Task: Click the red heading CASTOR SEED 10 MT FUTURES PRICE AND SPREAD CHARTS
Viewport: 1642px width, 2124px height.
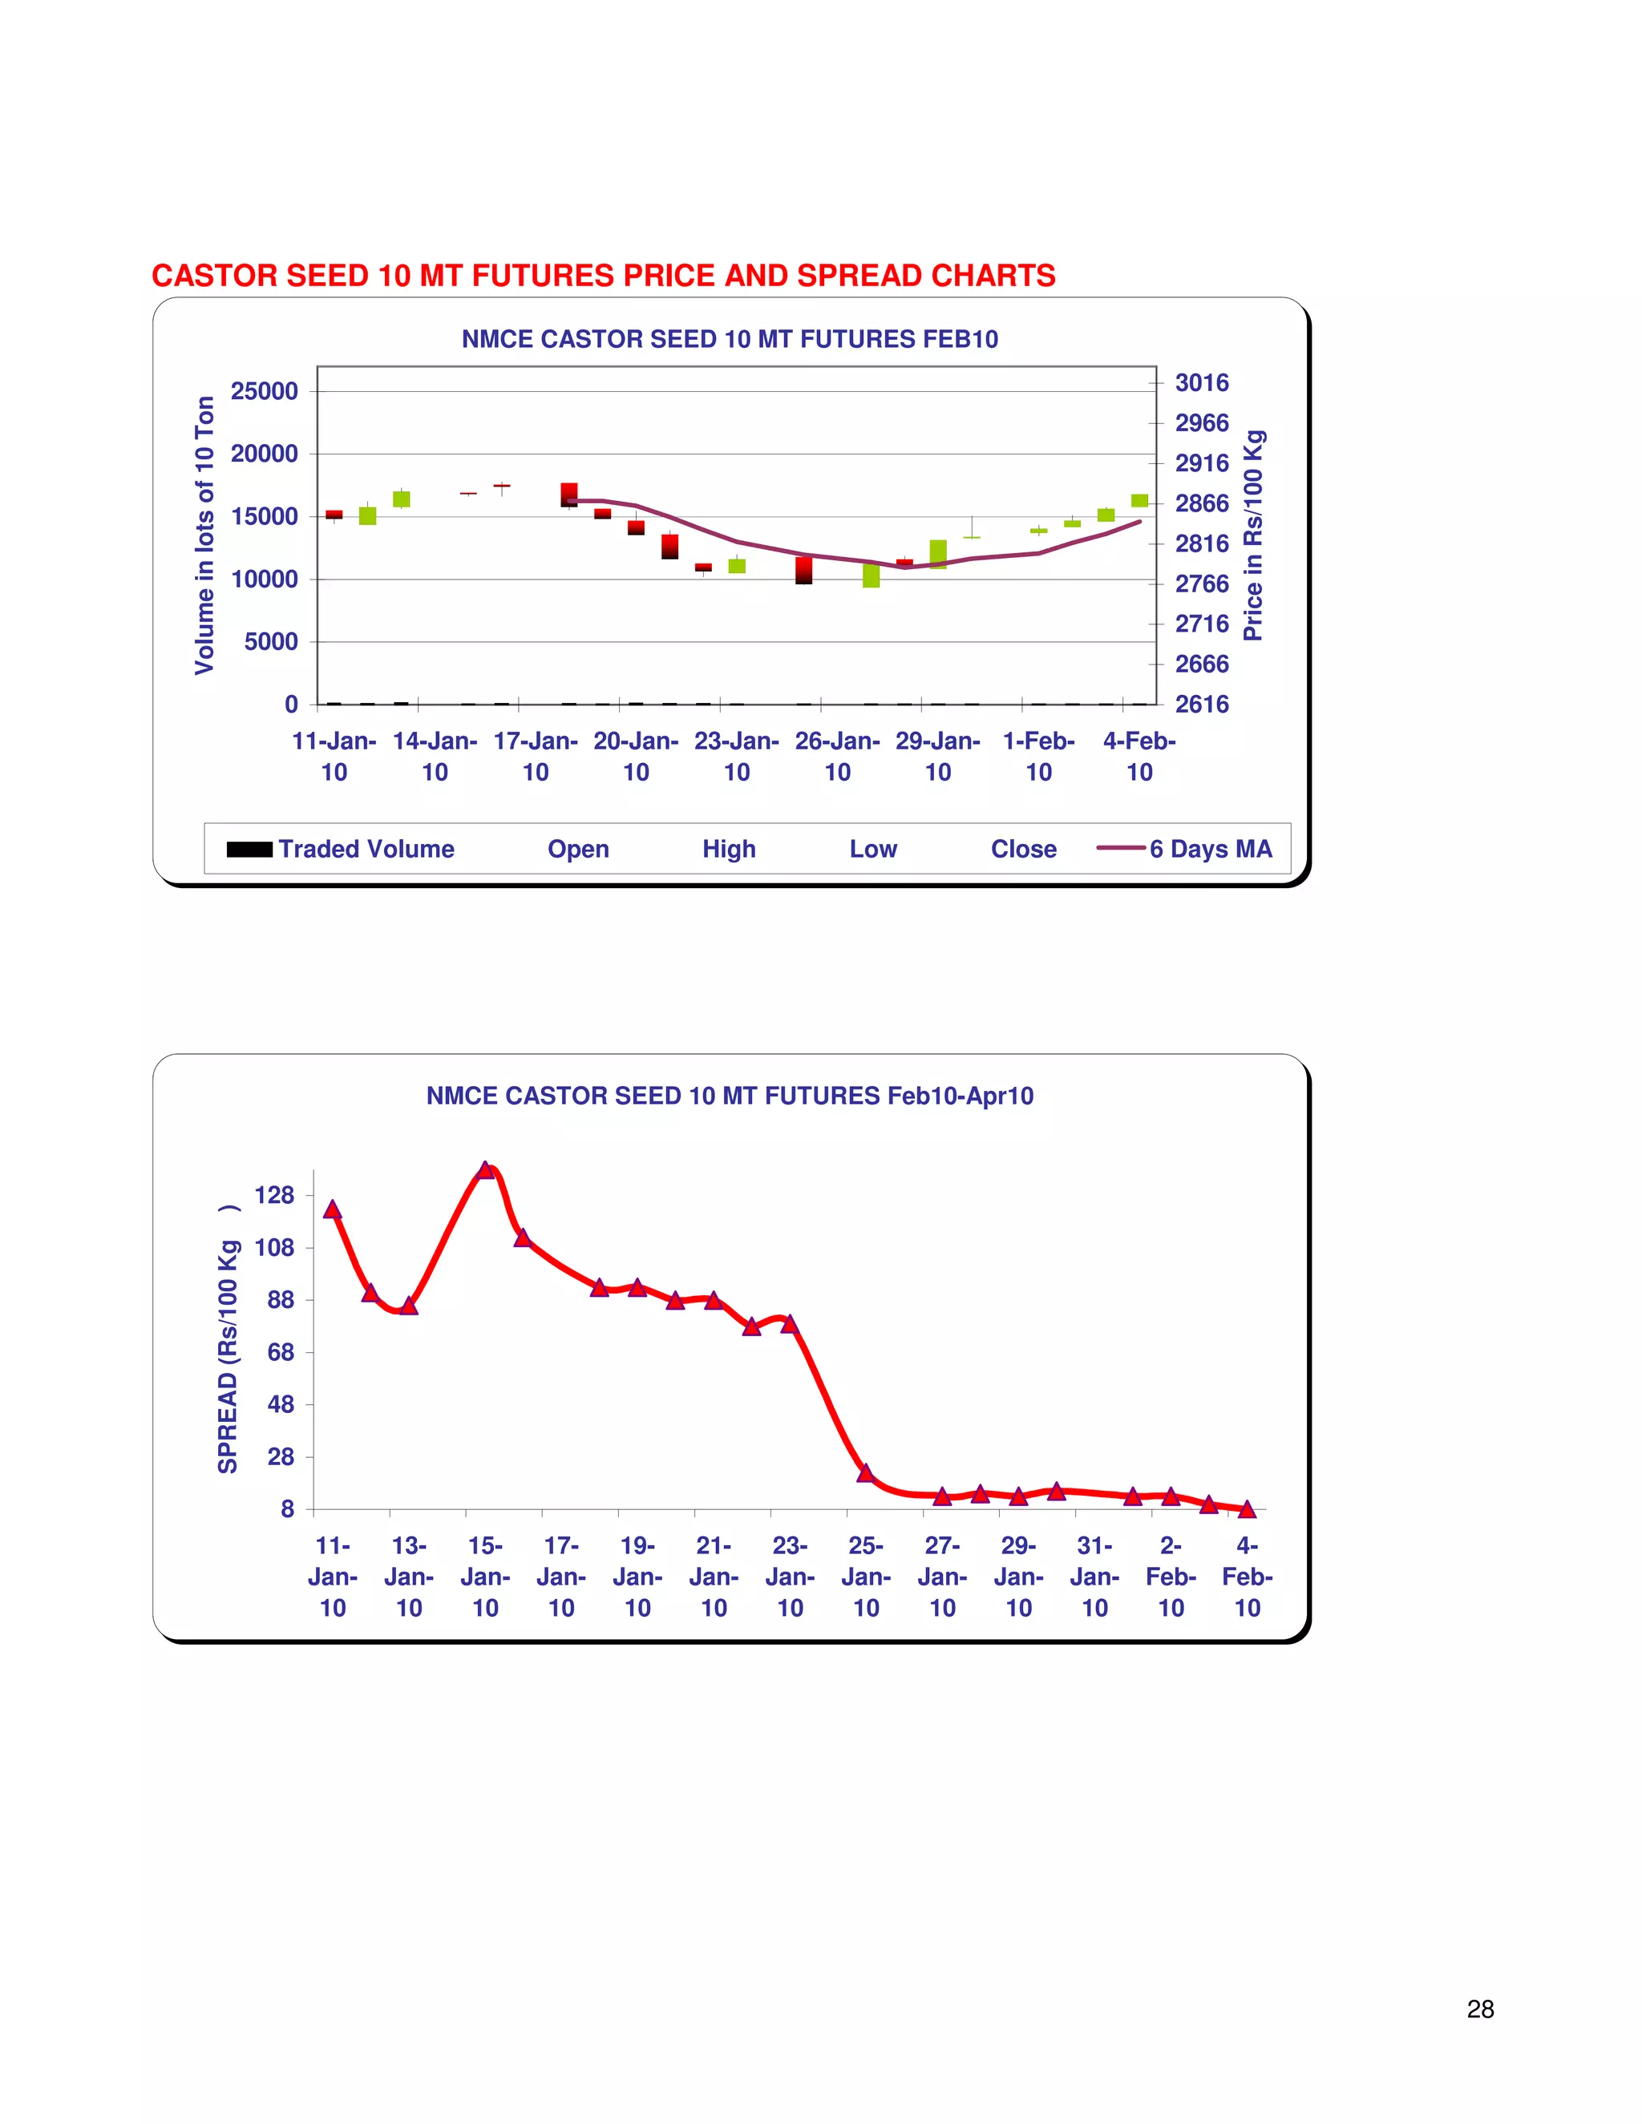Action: tap(603, 277)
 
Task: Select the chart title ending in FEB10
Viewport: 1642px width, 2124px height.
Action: tap(730, 339)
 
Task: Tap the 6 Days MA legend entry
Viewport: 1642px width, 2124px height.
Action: tap(1184, 849)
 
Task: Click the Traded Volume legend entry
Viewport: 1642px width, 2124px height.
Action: tap(341, 849)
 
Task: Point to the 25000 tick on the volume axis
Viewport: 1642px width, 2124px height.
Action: tap(264, 391)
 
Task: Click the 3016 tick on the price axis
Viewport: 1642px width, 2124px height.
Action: tap(1201, 383)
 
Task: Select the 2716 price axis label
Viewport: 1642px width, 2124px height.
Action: tap(1201, 624)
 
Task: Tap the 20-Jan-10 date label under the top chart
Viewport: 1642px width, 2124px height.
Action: tap(635, 756)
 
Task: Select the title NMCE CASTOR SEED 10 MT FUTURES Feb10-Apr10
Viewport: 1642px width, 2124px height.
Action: tap(730, 1096)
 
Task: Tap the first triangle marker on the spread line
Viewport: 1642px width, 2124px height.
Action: tap(332, 1209)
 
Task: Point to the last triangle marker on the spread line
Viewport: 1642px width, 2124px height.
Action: tap(1247, 1508)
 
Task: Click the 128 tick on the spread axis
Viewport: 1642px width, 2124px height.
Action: tap(274, 1195)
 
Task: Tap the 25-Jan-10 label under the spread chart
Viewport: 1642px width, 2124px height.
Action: tap(866, 1577)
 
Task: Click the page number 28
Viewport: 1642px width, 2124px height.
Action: tap(1479, 2009)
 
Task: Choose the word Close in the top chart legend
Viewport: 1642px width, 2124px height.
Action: tap(1023, 849)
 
